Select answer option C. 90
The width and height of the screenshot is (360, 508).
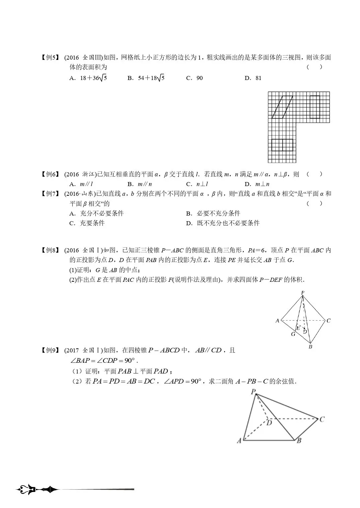tap(195, 78)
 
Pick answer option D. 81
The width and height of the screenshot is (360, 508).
tap(253, 78)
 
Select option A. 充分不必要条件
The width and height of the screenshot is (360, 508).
tap(97, 214)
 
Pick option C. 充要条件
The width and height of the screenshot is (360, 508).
tap(87, 223)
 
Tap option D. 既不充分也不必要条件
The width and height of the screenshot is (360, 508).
tap(223, 223)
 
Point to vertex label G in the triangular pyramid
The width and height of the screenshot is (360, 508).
tap(293, 334)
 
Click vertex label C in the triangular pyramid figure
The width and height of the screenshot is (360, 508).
tap(329, 321)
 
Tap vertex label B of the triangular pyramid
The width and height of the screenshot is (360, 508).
tap(310, 347)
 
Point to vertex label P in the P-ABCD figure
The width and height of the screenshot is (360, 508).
tap(253, 392)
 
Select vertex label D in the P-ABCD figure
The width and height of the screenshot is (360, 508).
tap(269, 423)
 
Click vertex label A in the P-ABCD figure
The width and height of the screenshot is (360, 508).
tap(239, 441)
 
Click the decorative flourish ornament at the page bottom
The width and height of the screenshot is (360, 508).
tap(37, 490)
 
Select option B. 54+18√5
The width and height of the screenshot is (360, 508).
tap(146, 78)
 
